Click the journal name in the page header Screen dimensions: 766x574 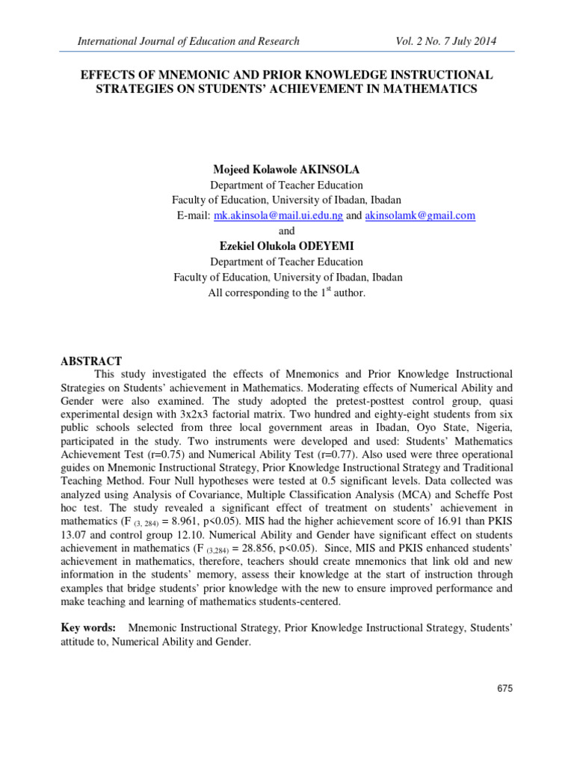point(188,40)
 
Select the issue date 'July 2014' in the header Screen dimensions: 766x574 point(472,40)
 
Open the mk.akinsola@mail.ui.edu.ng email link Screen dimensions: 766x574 point(278,215)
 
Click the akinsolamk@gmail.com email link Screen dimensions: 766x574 point(420,215)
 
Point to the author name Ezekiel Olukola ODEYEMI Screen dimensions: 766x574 point(286,246)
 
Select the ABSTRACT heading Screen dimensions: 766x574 point(90,361)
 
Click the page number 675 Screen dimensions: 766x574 point(504,689)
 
